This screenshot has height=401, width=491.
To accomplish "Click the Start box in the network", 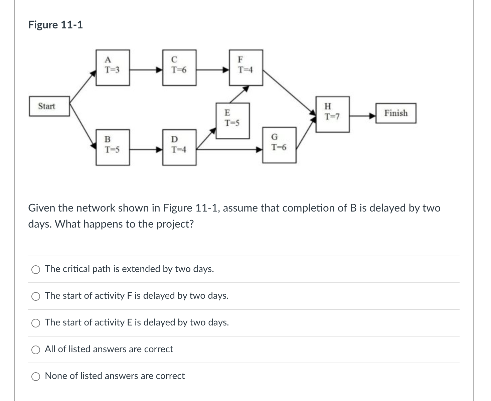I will click(x=49, y=106).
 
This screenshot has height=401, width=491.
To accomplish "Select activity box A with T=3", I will click(x=113, y=68).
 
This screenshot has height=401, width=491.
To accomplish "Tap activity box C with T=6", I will click(x=179, y=68).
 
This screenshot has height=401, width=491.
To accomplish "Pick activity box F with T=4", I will click(x=246, y=68).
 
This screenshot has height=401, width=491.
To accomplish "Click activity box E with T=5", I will click(x=232, y=121).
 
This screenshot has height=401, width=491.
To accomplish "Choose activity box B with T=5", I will click(x=113, y=147).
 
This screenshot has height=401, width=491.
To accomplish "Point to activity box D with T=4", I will click(x=179, y=147).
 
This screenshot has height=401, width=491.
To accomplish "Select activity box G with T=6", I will click(x=279, y=145).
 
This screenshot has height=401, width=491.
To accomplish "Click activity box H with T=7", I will click(x=333, y=114).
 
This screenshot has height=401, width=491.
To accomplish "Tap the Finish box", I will click(x=396, y=113).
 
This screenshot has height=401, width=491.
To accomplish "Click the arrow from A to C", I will click(x=146, y=70).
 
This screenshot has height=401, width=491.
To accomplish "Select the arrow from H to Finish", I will click(x=362, y=116).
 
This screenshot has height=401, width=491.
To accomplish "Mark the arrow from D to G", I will click(x=229, y=150).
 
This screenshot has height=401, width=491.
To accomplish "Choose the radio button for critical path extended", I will click(x=36, y=269).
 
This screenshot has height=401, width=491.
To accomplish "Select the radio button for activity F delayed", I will click(x=36, y=296).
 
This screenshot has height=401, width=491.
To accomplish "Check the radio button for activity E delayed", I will click(x=36, y=323).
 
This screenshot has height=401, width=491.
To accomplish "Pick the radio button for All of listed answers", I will click(x=36, y=350).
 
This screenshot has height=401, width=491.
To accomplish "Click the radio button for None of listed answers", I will click(x=36, y=376).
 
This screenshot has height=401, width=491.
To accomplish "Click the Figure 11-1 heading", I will click(x=55, y=25).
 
